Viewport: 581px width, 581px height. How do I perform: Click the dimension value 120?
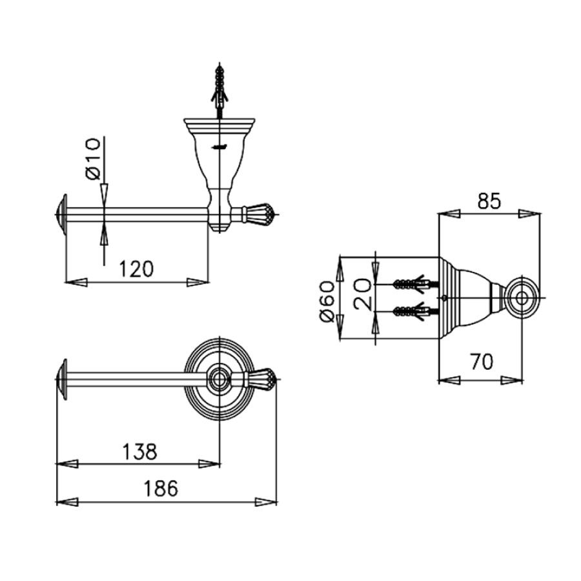pyautogui.click(x=136, y=269)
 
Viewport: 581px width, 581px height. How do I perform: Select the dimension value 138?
pyautogui.click(x=139, y=452)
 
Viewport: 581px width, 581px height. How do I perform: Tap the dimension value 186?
pyautogui.click(x=161, y=489)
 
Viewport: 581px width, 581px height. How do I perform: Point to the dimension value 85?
pyautogui.click(x=489, y=201)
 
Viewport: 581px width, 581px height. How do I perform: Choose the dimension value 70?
pyautogui.click(x=482, y=362)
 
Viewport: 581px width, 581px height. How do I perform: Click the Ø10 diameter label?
pyautogui.click(x=93, y=159)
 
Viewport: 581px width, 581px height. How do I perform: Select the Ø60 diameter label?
pyautogui.click(x=327, y=301)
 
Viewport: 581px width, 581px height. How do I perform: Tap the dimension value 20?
pyautogui.click(x=362, y=294)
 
